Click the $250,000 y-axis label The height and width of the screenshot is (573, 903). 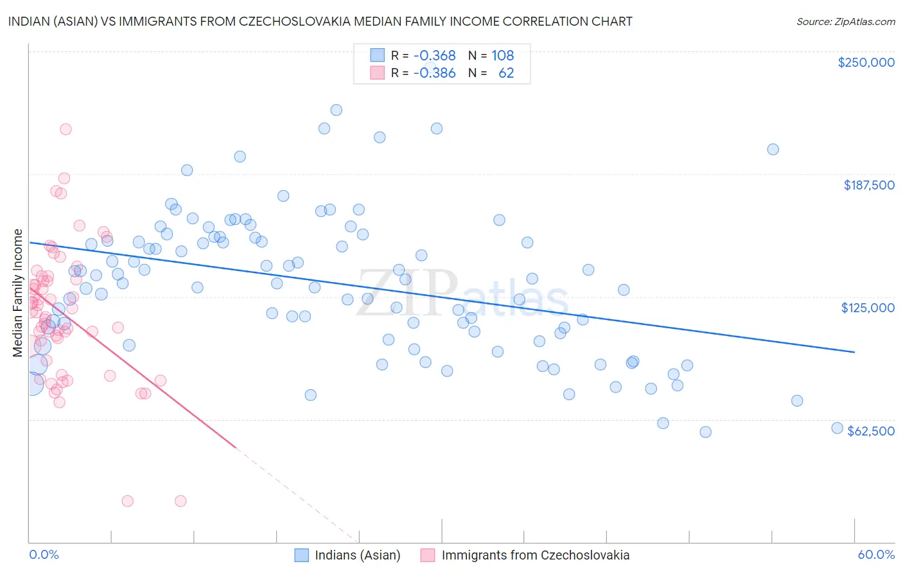(x=866, y=62)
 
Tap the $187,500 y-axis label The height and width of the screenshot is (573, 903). (x=869, y=185)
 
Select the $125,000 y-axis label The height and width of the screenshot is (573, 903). (x=868, y=308)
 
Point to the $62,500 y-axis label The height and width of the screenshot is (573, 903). (x=871, y=431)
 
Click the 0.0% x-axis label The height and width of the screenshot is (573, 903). (x=44, y=555)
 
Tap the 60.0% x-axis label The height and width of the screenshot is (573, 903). (x=876, y=555)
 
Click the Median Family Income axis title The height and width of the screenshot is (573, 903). (x=18, y=293)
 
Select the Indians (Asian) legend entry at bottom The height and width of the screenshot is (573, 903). (x=357, y=556)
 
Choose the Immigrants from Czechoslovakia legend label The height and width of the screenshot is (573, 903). (x=536, y=556)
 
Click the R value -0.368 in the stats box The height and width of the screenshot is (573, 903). (x=434, y=56)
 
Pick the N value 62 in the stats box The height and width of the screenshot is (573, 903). (x=506, y=73)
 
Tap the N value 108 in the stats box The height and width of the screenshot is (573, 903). (x=503, y=56)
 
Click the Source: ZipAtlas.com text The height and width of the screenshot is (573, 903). (x=845, y=22)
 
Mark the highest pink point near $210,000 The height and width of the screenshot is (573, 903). (x=66, y=129)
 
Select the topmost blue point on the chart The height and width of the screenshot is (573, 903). (x=336, y=110)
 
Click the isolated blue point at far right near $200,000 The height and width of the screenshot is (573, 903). (x=773, y=150)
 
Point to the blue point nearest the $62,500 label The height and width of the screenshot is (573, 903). (x=837, y=428)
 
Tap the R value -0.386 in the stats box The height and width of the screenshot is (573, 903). (x=434, y=73)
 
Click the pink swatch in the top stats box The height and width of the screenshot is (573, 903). (x=377, y=73)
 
